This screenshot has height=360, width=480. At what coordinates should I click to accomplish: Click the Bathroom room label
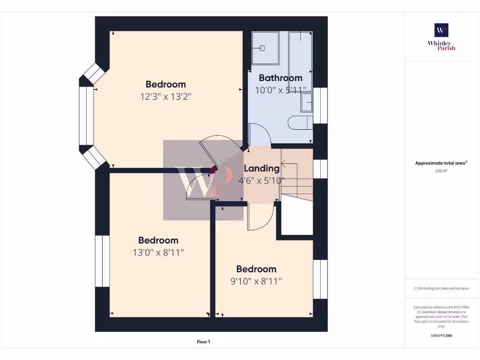pos(280,78)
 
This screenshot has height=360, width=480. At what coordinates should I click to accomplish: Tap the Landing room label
pos(262,168)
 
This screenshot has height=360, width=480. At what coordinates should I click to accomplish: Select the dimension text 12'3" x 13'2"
pos(166,97)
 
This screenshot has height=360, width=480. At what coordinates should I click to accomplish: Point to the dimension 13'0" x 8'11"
pos(158,253)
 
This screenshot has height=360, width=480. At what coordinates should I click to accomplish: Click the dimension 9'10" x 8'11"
pos(256,281)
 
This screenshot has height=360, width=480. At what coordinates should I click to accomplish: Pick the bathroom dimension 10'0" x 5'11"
pos(280,90)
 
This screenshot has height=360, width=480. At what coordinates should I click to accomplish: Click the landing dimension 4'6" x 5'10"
pos(262,180)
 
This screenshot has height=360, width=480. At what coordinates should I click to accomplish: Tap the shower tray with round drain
pos(266,48)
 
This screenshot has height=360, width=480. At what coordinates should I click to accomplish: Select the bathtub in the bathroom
pos(300,61)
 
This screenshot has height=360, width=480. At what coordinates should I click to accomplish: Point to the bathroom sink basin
pos(307,102)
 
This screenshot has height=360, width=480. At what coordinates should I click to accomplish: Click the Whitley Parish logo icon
pos(441,30)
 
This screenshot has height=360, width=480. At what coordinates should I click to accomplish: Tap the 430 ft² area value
pos(441,171)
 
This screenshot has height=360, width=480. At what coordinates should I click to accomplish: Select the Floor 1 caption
pos(203,342)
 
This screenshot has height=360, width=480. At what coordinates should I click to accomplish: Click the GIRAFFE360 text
pos(441,336)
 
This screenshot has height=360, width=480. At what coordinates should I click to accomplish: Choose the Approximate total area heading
pos(441,163)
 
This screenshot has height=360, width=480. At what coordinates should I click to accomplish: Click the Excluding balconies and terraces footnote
pos(441,288)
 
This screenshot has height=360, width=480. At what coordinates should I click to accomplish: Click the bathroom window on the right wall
pos(320,105)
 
